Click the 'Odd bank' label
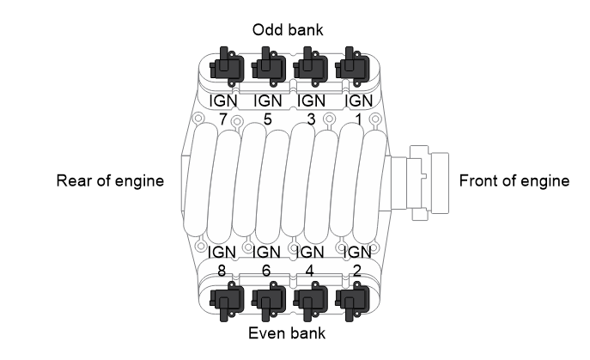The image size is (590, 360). click(x=288, y=30)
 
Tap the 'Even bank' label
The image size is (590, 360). click(x=287, y=333)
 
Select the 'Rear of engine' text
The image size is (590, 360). click(x=110, y=180)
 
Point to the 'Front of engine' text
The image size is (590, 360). click(x=514, y=180)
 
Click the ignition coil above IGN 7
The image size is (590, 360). click(x=226, y=67)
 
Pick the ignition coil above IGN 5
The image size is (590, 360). click(x=268, y=67)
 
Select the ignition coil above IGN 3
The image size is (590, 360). click(x=310, y=67)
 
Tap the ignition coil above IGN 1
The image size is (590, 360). click(x=352, y=67)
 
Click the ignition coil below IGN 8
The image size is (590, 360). click(x=226, y=301)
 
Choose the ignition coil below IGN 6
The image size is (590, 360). click(x=268, y=301)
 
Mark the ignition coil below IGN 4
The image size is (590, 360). click(x=310, y=301)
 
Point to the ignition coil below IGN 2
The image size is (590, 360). click(x=352, y=301)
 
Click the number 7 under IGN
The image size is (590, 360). click(x=222, y=119)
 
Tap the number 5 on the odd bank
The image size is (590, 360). click(x=267, y=119)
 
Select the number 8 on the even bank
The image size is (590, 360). click(x=222, y=271)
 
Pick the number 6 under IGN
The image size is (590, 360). click(x=266, y=271)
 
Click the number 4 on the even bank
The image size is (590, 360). click(x=309, y=271)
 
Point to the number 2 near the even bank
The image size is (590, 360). click(x=357, y=271)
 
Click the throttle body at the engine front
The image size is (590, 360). click(x=421, y=183)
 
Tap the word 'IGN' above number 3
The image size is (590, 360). click(x=311, y=101)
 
